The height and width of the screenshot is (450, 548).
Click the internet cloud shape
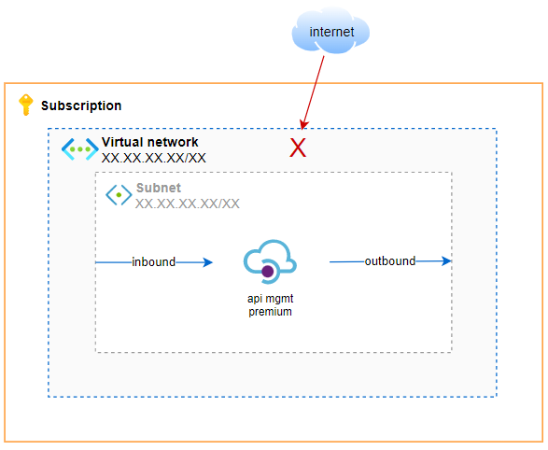pyautogui.click(x=330, y=31)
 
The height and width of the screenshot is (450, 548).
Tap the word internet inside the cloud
pyautogui.click(x=331, y=32)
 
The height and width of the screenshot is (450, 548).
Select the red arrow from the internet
pyautogui.click(x=313, y=92)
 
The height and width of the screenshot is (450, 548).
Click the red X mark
pyautogui.click(x=298, y=148)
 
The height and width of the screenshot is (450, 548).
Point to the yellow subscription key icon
pyautogui.click(x=25, y=105)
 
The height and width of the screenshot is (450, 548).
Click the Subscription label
pyautogui.click(x=81, y=105)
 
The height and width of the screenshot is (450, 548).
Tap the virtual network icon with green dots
pyautogui.click(x=80, y=149)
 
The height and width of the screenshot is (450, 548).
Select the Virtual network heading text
pyautogui.click(x=150, y=142)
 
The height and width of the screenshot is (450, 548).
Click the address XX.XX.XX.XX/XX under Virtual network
pyautogui.click(x=153, y=158)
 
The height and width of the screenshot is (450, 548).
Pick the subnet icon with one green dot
pyautogui.click(x=119, y=194)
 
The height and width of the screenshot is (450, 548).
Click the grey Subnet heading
pyautogui.click(x=159, y=188)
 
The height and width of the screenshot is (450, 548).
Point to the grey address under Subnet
pyautogui.click(x=188, y=204)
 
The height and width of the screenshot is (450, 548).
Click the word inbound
pyautogui.click(x=153, y=261)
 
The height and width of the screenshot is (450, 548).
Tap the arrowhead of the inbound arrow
pyautogui.click(x=208, y=262)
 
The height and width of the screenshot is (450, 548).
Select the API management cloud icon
pyautogui.click(x=270, y=261)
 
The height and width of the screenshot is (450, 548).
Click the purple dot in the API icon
pyautogui.click(x=268, y=271)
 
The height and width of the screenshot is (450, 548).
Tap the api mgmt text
pyautogui.click(x=270, y=299)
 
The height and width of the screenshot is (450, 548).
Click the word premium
pyautogui.click(x=270, y=312)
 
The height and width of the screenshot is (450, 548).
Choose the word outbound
pyautogui.click(x=390, y=261)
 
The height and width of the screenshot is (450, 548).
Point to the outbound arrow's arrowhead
pyautogui.click(x=446, y=261)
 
